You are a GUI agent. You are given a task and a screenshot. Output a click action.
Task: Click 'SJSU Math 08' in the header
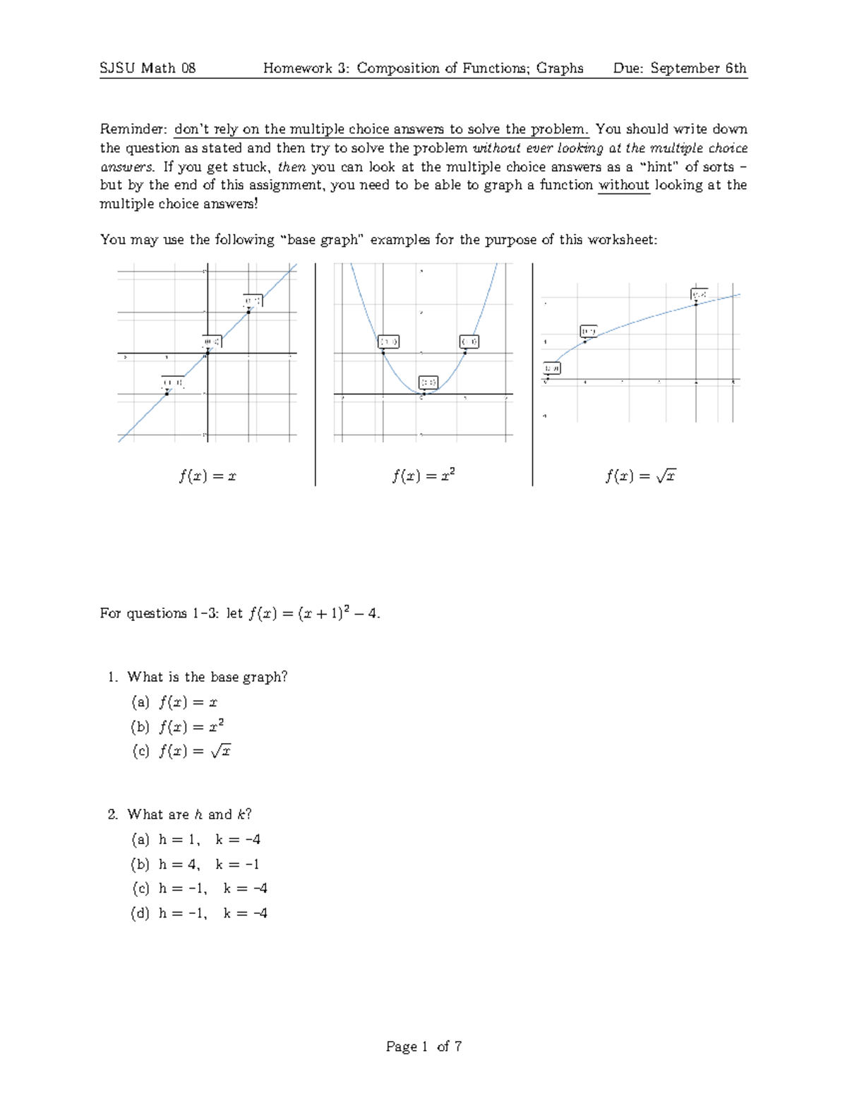(x=148, y=68)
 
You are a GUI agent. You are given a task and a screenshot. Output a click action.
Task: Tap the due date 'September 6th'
(x=698, y=68)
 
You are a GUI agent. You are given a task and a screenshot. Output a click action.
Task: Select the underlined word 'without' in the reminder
(x=623, y=185)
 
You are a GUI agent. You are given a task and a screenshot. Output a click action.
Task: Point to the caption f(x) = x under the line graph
(x=207, y=476)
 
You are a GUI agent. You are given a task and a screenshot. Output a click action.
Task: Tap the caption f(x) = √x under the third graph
(x=640, y=476)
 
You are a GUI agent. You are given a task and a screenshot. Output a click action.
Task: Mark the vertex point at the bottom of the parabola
(x=424, y=393)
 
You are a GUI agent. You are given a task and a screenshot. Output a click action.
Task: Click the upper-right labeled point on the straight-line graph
(x=249, y=310)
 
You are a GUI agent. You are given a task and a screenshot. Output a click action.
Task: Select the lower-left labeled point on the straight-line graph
(x=167, y=393)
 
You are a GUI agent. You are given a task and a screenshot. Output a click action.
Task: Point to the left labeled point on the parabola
(x=383, y=351)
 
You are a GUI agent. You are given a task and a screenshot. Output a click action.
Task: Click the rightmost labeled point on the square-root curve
(x=697, y=303)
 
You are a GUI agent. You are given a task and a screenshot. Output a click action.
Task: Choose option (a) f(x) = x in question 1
(x=174, y=702)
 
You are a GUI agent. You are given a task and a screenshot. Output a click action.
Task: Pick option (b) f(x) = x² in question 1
(x=178, y=726)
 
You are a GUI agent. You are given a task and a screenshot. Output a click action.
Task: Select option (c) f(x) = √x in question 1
(x=181, y=751)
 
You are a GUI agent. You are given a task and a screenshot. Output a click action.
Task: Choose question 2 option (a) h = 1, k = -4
(x=196, y=840)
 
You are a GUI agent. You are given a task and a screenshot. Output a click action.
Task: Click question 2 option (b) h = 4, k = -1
(x=196, y=865)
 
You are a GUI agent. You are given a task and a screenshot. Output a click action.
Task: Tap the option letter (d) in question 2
(x=140, y=913)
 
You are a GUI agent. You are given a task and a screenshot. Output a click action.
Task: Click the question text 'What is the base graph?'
(x=207, y=677)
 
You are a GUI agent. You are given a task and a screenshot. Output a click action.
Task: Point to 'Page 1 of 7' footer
(x=423, y=1047)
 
